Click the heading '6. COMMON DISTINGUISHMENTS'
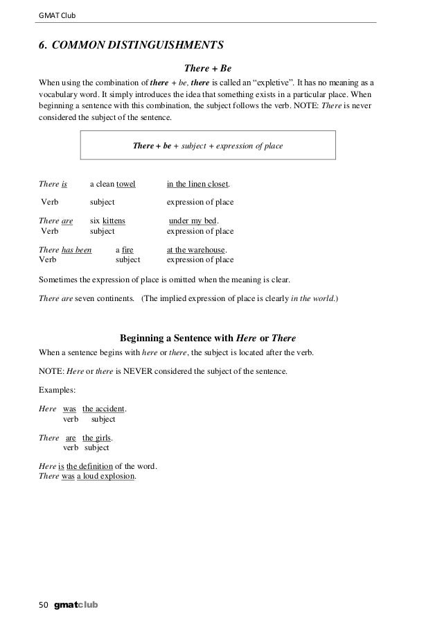point(131,46)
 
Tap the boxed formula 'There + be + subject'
point(208,146)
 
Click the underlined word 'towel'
point(125,185)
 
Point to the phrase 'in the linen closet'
point(197,185)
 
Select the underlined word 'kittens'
point(114,221)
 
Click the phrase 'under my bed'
point(193,221)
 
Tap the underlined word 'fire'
point(127,249)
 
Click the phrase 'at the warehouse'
point(196,249)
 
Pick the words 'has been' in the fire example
point(76,249)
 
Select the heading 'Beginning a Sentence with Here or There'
point(208,338)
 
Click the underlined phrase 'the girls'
point(96,438)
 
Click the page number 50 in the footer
point(42,605)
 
